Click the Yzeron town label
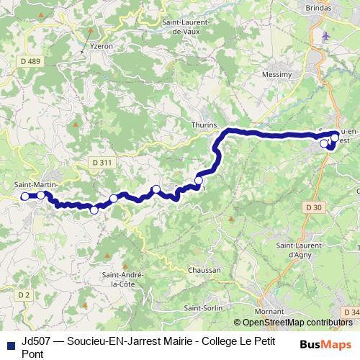102,45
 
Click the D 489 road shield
30,62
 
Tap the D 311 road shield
102,163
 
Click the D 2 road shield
23,294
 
